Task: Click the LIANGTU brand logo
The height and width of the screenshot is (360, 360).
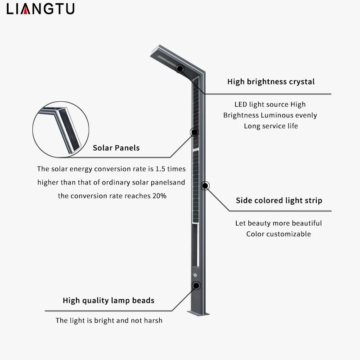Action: point(40,9)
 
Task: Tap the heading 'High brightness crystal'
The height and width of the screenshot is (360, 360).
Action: point(271,82)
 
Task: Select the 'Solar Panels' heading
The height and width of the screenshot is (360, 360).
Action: point(116,148)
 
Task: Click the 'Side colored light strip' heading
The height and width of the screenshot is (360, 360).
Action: point(279,201)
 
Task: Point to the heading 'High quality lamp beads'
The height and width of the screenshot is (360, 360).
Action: point(108,300)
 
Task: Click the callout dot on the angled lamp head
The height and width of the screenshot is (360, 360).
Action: point(180,68)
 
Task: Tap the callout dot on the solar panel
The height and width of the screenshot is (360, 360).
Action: point(195,132)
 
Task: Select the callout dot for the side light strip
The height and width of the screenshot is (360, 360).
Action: point(205,185)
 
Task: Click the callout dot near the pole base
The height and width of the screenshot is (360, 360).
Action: point(196,285)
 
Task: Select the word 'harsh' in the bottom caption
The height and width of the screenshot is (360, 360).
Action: point(153,321)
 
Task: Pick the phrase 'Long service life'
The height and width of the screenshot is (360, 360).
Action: point(271,126)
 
